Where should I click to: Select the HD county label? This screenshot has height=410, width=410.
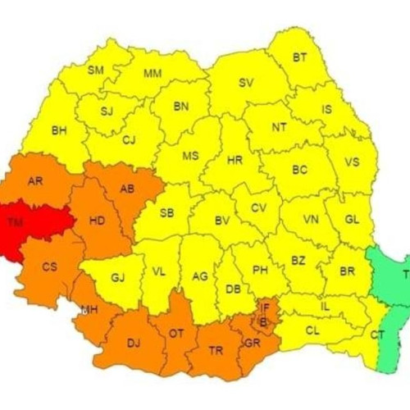point(97,220)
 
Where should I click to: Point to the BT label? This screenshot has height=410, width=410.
point(300,58)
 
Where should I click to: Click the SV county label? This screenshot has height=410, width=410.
point(246,83)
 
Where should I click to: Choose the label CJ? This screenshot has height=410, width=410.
point(130,139)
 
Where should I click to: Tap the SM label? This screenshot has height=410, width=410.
point(96,70)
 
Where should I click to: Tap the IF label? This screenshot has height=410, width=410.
point(264,307)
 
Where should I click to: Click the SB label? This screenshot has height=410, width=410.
point(166,213)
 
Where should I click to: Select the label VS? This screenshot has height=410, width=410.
point(352,162)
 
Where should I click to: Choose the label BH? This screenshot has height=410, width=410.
point(59,130)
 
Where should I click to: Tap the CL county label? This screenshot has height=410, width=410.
point(312,330)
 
